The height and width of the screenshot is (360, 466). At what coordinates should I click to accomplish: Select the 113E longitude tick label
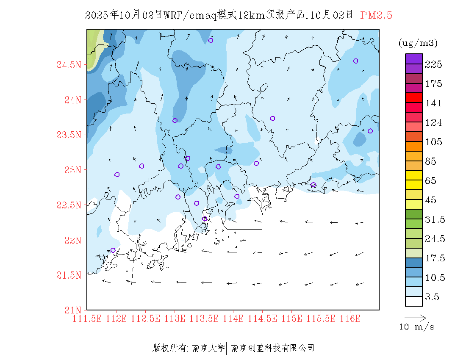point(175,318)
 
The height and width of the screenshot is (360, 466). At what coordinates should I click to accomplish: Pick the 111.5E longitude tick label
point(87,318)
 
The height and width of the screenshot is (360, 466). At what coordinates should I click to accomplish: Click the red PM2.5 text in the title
point(376,15)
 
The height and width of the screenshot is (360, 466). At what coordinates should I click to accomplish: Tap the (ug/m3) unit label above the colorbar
point(418,43)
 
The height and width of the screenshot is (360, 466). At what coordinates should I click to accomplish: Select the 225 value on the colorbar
point(434,64)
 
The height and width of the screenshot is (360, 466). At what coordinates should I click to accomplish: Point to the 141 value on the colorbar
point(434,103)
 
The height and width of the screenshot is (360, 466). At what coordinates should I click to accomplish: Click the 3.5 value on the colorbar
point(432,297)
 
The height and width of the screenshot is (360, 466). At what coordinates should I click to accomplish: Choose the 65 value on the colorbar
point(431,181)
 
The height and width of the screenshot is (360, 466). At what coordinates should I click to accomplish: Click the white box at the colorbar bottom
point(413,301)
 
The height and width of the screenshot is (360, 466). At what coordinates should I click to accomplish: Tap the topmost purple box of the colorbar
point(413,58)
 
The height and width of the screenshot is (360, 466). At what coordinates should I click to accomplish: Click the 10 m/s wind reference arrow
point(415,317)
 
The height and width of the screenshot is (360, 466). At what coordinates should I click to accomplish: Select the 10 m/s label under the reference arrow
point(417,327)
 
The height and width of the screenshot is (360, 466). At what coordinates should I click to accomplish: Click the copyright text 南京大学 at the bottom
point(208,348)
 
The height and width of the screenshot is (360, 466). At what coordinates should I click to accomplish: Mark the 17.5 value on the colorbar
point(434,258)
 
